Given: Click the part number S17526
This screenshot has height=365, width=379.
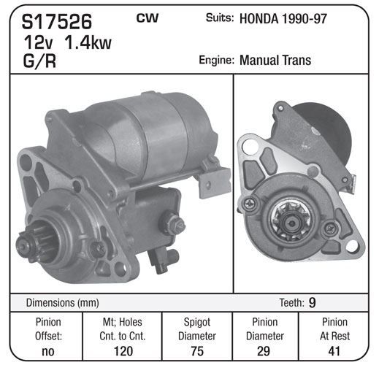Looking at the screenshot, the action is pos(57,21).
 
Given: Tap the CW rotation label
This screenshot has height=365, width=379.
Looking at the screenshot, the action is pos(148,18).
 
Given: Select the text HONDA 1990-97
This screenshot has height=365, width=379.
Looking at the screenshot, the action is pos(283,19).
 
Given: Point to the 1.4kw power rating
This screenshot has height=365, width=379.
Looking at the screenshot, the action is pos(88,42).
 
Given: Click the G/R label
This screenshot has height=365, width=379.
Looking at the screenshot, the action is pos(39,61).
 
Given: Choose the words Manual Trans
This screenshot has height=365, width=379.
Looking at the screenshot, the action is pos(275,60).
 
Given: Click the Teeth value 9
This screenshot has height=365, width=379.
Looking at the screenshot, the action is pos(312,302).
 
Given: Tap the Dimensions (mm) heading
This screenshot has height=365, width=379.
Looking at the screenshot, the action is pos(62,303).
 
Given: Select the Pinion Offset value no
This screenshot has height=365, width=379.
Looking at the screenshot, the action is pos(48,351).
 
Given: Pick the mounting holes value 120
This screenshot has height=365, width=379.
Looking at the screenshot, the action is pos(123,351).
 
